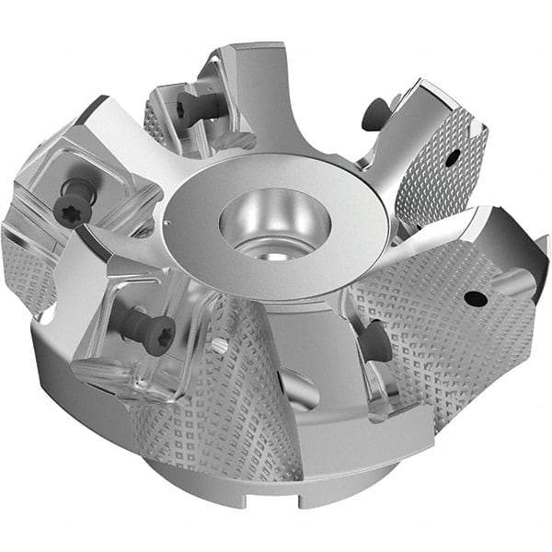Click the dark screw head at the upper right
pos(372,114)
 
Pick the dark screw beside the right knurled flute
pos(374,340)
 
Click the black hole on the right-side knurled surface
pos(474,297)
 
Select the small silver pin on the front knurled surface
pos(219,346)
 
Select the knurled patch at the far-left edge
pos(28,267)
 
